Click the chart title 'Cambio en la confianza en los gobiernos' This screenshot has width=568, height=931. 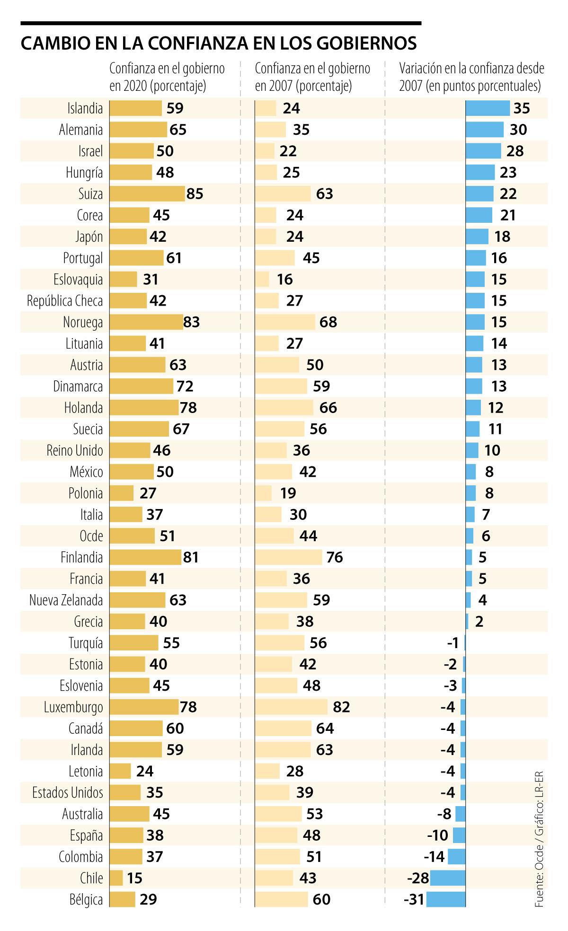point(219,44)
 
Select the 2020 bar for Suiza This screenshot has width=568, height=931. point(147,194)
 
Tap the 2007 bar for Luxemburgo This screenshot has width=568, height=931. point(291,707)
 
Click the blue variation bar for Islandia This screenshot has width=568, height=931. point(488,108)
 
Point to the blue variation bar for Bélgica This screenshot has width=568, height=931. point(446,899)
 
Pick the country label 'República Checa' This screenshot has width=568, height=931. point(65,301)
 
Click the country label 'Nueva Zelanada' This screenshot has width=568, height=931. point(66,600)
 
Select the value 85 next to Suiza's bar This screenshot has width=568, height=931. point(195,194)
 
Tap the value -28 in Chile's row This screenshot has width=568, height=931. point(418,878)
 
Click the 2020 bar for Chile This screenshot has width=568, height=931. point(116,878)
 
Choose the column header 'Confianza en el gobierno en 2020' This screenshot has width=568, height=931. point(167,77)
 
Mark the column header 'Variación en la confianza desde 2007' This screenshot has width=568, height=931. point(471,77)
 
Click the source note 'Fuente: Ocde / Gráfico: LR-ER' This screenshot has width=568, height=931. point(539,839)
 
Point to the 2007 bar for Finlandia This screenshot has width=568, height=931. point(288,557)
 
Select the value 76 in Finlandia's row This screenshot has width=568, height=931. point(334,557)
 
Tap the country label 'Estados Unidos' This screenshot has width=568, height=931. point(68,792)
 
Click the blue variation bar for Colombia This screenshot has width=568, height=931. point(456,857)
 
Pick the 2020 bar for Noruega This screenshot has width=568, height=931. point(146,322)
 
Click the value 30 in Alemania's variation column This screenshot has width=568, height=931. point(518,130)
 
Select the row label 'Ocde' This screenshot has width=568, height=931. point(91,536)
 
